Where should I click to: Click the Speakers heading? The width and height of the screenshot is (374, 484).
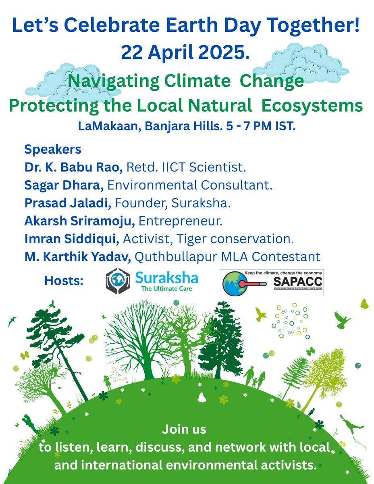tap(53, 150)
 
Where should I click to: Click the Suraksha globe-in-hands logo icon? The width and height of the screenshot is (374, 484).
tap(118, 281)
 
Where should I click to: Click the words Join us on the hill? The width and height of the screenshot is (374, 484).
tap(184, 430)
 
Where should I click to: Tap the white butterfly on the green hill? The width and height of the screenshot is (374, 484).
tap(202, 397)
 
